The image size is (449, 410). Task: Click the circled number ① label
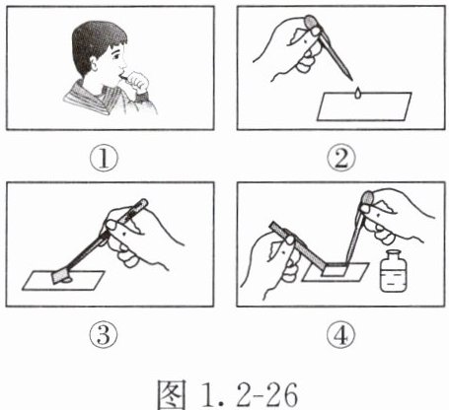coord(104,159)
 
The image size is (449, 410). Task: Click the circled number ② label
coord(341,159)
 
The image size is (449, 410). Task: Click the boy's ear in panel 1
coord(94,63)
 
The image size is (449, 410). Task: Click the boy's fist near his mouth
coord(137,81)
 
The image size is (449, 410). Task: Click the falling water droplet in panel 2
coord(358,94)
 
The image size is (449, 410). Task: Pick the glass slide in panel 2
coord(364,106)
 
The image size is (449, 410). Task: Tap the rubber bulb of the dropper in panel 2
coord(311,23)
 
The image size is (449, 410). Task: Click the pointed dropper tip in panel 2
coord(350,79)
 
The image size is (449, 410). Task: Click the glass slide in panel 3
coord(63,280)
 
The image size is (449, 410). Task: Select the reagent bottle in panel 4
coord(394,271)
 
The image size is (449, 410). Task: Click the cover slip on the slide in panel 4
coord(334,271)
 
